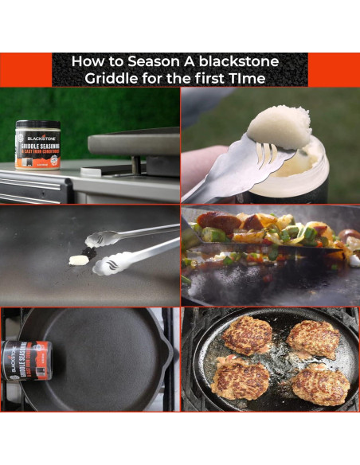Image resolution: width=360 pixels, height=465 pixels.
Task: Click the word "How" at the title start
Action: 87,61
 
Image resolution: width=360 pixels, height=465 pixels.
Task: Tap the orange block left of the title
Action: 25,70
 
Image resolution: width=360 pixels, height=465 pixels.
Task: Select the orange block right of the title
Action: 334,70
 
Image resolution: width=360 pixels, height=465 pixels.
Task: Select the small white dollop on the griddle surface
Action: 78,260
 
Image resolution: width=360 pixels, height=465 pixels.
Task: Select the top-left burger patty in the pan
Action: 246,335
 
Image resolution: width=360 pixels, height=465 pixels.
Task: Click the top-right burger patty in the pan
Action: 312,338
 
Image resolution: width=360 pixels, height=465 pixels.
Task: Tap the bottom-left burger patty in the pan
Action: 241,377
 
